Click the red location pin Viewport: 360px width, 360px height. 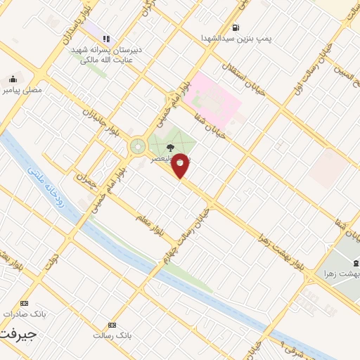[x=181, y=165]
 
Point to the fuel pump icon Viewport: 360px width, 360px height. [x=235, y=28]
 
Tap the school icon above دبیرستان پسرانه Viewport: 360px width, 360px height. [x=106, y=39]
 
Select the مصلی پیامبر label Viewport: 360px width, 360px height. [x=22, y=90]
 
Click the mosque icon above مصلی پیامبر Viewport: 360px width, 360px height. [x=12, y=79]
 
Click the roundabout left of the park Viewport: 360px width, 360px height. [x=137, y=147]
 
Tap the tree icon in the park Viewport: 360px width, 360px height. [x=171, y=148]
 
